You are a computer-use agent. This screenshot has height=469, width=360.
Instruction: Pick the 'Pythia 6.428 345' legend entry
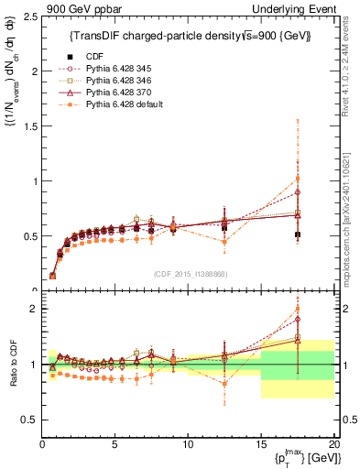[x=117, y=70]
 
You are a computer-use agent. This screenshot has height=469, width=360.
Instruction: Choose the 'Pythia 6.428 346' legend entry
[x=117, y=82]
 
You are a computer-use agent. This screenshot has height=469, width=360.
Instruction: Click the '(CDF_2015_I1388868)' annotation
[x=189, y=273]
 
